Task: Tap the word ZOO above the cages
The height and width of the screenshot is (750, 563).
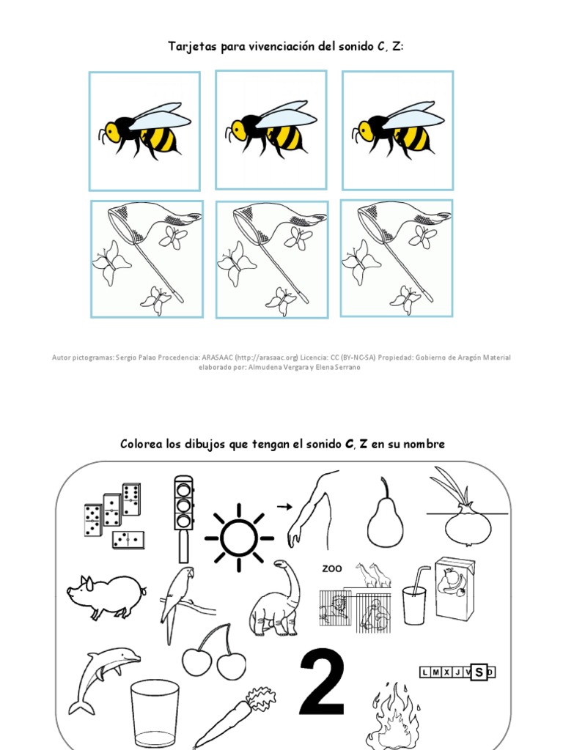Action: pyautogui.click(x=332, y=568)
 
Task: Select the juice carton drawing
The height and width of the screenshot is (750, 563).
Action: pyautogui.click(x=455, y=588)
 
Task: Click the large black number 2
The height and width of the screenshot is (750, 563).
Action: pyautogui.click(x=323, y=684)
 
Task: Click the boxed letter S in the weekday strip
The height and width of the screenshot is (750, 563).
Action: pyautogui.click(x=479, y=672)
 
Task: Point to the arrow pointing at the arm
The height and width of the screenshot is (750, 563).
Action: pyautogui.click(x=284, y=505)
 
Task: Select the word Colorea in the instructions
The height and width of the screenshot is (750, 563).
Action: pyautogui.click(x=143, y=445)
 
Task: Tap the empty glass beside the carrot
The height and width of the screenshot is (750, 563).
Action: pyautogui.click(x=155, y=713)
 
